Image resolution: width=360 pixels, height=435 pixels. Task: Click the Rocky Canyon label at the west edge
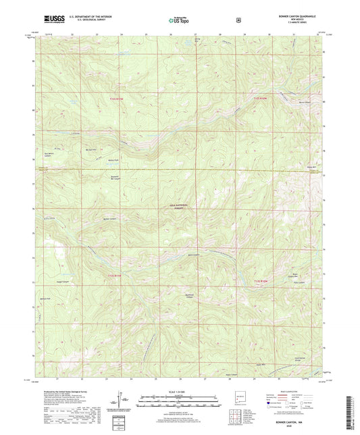[x=49, y=218]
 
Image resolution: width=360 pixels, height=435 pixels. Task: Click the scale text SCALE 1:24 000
[x=180, y=390]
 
